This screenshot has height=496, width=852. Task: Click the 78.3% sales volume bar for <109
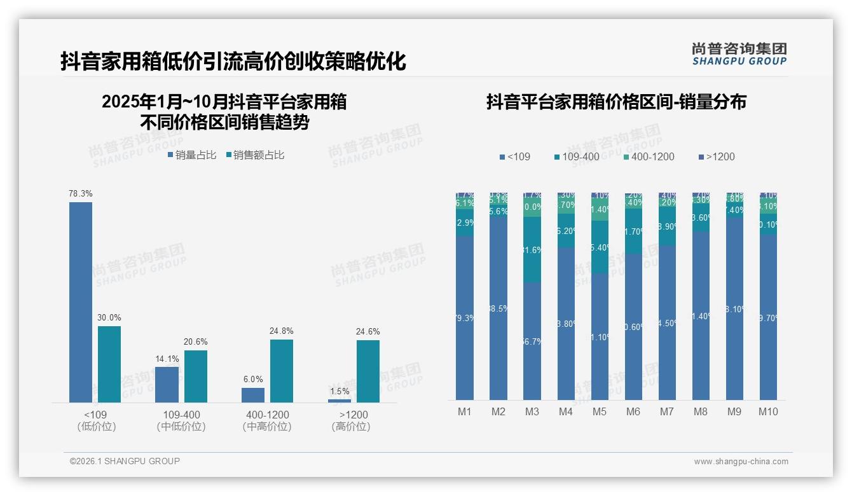[81, 302]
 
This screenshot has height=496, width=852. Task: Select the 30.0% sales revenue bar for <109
[109, 364]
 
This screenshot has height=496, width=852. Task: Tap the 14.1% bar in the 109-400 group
[167, 384]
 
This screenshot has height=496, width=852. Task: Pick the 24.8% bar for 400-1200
[282, 371]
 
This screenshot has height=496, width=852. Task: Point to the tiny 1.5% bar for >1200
[340, 401]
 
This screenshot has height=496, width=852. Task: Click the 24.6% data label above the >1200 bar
[368, 331]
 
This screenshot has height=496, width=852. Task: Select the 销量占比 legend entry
[192, 155]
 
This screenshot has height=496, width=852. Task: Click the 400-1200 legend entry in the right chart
[648, 156]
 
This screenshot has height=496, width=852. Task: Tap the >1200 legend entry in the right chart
[717, 156]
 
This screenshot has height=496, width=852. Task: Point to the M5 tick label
[600, 411]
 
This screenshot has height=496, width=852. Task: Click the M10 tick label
[768, 411]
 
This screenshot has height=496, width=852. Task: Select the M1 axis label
[465, 411]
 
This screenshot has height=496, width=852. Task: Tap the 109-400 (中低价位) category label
[181, 420]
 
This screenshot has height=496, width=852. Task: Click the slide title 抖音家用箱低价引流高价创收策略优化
[233, 61]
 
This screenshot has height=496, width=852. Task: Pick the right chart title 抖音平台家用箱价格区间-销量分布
[616, 102]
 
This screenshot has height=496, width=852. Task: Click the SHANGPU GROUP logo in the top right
[739, 54]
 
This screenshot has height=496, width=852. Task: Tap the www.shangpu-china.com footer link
[741, 462]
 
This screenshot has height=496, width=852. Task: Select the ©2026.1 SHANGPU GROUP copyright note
[125, 461]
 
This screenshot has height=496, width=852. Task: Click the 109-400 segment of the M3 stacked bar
[532, 249]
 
